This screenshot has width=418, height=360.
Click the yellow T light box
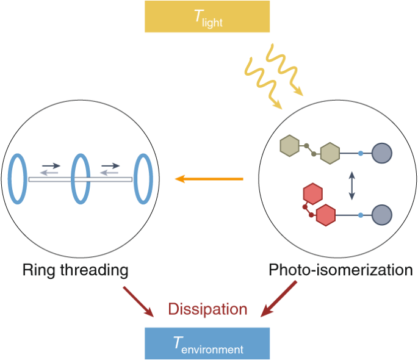pyautogui.click(x=207, y=16)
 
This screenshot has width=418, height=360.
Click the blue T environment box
pyautogui.click(x=207, y=343)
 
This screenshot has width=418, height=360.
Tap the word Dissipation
pyautogui.click(x=207, y=309)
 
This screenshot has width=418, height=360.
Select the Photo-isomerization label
pyautogui.click(x=341, y=270)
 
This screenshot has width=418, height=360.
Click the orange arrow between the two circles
pyautogui.click(x=209, y=179)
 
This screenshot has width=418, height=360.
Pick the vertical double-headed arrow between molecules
pyautogui.click(x=351, y=185)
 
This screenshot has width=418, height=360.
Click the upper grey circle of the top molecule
pyautogui.click(x=381, y=153)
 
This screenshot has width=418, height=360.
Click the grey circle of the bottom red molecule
pyautogui.click(x=381, y=215)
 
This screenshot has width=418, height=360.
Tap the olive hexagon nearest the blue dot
pyautogui.click(x=330, y=153)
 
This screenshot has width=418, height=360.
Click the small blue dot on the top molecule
pyautogui.click(x=361, y=153)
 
